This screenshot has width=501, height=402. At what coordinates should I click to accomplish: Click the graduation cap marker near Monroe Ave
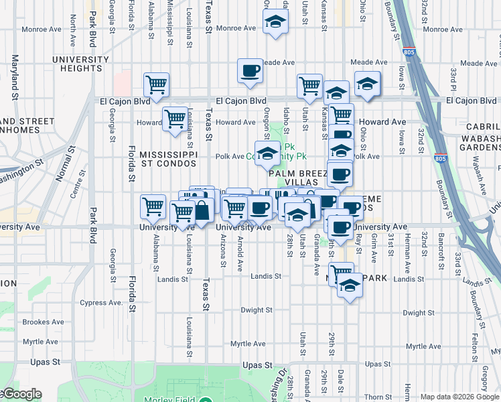pyautogui.click(x=274, y=23)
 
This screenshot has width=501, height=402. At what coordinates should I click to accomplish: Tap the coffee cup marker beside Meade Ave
pyautogui.click(x=250, y=71)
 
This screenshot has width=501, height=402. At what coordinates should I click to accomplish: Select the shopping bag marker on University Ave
pyautogui.click(x=201, y=210)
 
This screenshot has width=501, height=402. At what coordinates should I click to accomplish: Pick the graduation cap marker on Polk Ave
pyautogui.click(x=267, y=154)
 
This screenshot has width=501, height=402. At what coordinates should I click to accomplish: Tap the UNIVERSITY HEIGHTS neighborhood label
pyautogui.click(x=81, y=64)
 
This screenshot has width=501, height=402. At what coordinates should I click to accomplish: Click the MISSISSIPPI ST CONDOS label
pyautogui.click(x=168, y=159)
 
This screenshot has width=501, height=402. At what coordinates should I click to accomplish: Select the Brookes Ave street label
pyautogui.click(x=43, y=322)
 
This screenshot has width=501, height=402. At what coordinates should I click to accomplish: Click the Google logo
pyautogui.click(x=22, y=395)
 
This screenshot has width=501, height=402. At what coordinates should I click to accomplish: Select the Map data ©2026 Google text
pyautogui.click(x=459, y=397)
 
